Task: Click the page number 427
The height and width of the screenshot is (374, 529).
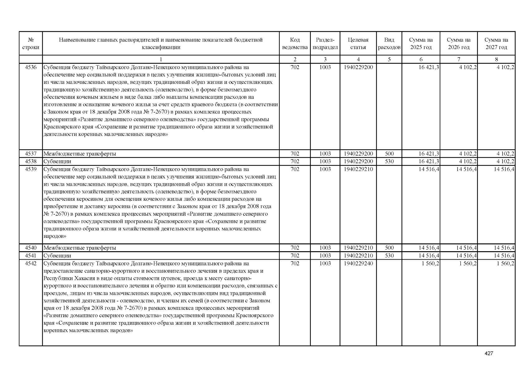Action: [x=489, y=353]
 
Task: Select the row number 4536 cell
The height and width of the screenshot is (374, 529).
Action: [x=31, y=67]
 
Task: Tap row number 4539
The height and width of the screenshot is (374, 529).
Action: [x=31, y=169]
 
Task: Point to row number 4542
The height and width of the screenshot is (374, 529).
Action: [x=31, y=263]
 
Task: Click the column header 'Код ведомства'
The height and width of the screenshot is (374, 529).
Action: [x=295, y=44]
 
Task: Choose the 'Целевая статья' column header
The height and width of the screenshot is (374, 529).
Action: [x=358, y=44]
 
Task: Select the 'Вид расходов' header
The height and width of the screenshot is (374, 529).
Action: [x=389, y=44]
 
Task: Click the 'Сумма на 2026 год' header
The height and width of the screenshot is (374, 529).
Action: [x=459, y=44]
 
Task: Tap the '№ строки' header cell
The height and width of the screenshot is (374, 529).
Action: [x=31, y=44]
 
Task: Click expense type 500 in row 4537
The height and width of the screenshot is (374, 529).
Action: [x=389, y=154]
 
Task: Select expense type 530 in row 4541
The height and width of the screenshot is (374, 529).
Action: [x=389, y=256]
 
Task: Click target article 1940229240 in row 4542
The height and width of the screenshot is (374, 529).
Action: [x=358, y=263]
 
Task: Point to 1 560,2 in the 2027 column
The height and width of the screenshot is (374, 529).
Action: [x=505, y=263]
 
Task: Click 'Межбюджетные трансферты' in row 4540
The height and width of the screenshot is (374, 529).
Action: [x=80, y=248]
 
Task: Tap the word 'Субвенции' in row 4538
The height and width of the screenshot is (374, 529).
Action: [x=57, y=161]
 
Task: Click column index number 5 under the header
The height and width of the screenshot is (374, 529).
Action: [x=389, y=60]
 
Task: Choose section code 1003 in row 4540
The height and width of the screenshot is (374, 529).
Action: [x=325, y=248]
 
